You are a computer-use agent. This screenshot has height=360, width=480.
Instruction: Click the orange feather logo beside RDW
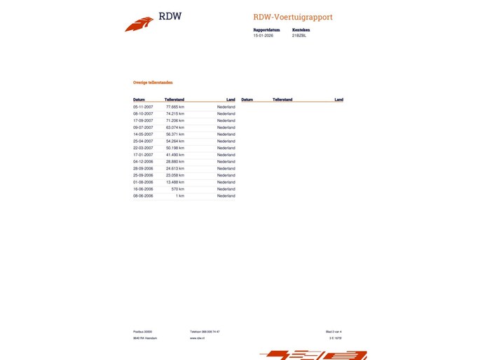139,24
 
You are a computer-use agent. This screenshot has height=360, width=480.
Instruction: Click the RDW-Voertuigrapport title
293,17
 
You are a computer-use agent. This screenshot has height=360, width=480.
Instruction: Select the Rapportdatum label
266,30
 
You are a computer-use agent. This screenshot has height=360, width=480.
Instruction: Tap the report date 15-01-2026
263,35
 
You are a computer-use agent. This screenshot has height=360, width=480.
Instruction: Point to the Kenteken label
301,30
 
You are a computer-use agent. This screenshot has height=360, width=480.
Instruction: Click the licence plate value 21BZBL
299,35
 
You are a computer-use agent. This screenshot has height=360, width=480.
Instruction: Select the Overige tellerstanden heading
153,82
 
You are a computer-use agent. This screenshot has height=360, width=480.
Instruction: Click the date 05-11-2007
143,106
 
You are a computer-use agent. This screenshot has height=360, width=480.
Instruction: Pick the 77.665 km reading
174,106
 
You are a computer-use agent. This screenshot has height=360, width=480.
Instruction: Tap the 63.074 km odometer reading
174,127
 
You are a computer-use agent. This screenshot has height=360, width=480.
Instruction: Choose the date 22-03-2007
143,148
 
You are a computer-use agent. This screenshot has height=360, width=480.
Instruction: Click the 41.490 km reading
174,155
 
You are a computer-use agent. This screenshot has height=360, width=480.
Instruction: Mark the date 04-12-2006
143,162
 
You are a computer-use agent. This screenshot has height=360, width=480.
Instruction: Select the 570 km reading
178,189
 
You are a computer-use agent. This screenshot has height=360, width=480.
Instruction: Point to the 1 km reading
180,196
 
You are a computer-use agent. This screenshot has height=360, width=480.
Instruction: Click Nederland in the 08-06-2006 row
226,196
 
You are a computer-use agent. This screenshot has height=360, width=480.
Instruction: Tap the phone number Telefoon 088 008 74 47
205,331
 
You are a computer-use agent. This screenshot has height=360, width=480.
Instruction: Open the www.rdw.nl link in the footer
197,338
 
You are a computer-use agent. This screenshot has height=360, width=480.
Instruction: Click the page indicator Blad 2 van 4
334,331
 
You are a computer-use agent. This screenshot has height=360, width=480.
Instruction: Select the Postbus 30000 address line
142,331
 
